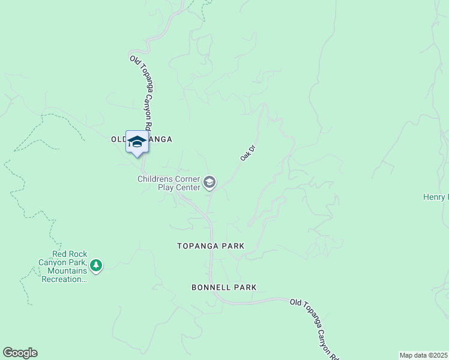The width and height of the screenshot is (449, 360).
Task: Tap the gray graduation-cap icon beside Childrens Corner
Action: [209, 182]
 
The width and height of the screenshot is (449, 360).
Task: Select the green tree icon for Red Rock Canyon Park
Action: [95, 265]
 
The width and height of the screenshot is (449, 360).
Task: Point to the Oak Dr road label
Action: [248, 152]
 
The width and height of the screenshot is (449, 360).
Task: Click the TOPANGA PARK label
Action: [211, 246]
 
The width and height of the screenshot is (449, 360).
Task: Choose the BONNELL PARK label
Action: [224, 287]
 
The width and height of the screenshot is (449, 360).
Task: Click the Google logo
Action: [20, 353]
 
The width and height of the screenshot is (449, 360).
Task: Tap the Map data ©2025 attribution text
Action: [424, 355]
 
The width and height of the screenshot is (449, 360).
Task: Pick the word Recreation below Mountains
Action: [62, 279]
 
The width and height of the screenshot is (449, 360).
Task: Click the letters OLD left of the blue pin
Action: [118, 139]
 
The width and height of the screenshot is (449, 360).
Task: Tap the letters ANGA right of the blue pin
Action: [160, 139]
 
